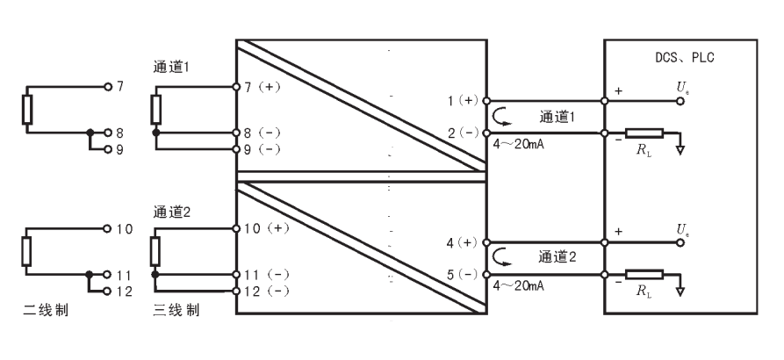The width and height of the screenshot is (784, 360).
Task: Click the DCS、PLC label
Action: coord(685,57)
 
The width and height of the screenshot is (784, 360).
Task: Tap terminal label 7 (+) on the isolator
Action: coord(263,87)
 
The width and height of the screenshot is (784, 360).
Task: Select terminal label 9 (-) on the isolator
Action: coord(263,149)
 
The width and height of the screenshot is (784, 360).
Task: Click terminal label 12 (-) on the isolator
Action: coord(267,291)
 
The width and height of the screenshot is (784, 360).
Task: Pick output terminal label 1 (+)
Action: coord(463,100)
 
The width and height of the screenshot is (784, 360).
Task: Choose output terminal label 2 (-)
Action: coord(463,133)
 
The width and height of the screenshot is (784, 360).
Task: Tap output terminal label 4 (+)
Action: coord(463,242)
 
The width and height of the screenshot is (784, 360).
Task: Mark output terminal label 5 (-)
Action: coord(463,275)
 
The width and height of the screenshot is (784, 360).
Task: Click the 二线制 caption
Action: coord(46,310)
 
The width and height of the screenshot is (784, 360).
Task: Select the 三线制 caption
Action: coord(176,310)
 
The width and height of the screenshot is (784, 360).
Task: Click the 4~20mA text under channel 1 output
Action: coord(519,145)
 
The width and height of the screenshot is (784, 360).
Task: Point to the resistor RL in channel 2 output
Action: coord(644,275)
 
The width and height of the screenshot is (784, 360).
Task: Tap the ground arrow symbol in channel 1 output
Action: coord(680,150)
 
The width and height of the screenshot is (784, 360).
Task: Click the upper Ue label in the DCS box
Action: coord(683,88)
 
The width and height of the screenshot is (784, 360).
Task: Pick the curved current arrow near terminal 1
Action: coord(501,116)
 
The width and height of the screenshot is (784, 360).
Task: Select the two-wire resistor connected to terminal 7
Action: coord(27,110)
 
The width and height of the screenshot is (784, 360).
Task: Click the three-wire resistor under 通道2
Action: coord(155,251)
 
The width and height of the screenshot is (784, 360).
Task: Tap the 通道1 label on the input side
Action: coord(171,68)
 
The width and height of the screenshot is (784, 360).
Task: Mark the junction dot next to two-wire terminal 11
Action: coord(90,275)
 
